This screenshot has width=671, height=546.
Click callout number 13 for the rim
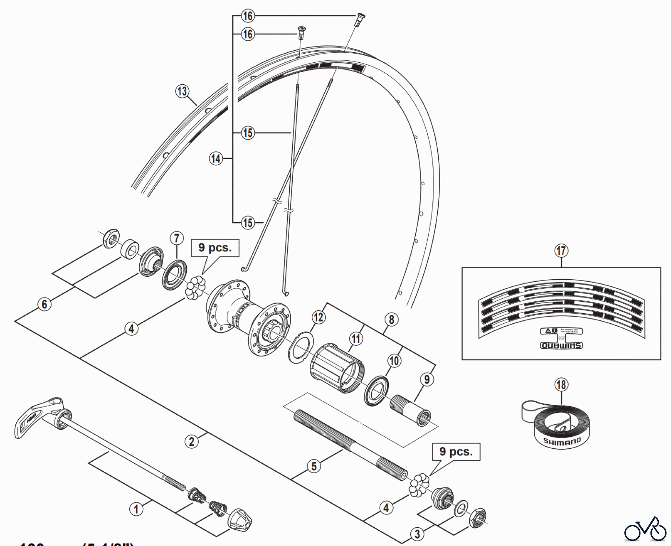pos(182,91)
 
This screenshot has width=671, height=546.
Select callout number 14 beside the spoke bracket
pos(216,159)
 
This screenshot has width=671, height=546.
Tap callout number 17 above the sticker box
pos(561,251)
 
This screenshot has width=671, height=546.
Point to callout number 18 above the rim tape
pos(561,385)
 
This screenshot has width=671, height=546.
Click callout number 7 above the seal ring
pos(177,238)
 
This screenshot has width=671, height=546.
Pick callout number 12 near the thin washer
pos(318,317)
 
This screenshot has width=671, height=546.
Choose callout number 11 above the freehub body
pos(356,339)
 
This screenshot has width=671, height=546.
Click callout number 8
pos(391,320)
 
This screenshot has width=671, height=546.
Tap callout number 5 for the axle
pos(314,466)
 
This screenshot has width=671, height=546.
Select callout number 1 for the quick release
pos(136,509)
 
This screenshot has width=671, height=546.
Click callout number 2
pos(192,442)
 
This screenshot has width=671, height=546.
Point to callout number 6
pos(44,304)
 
